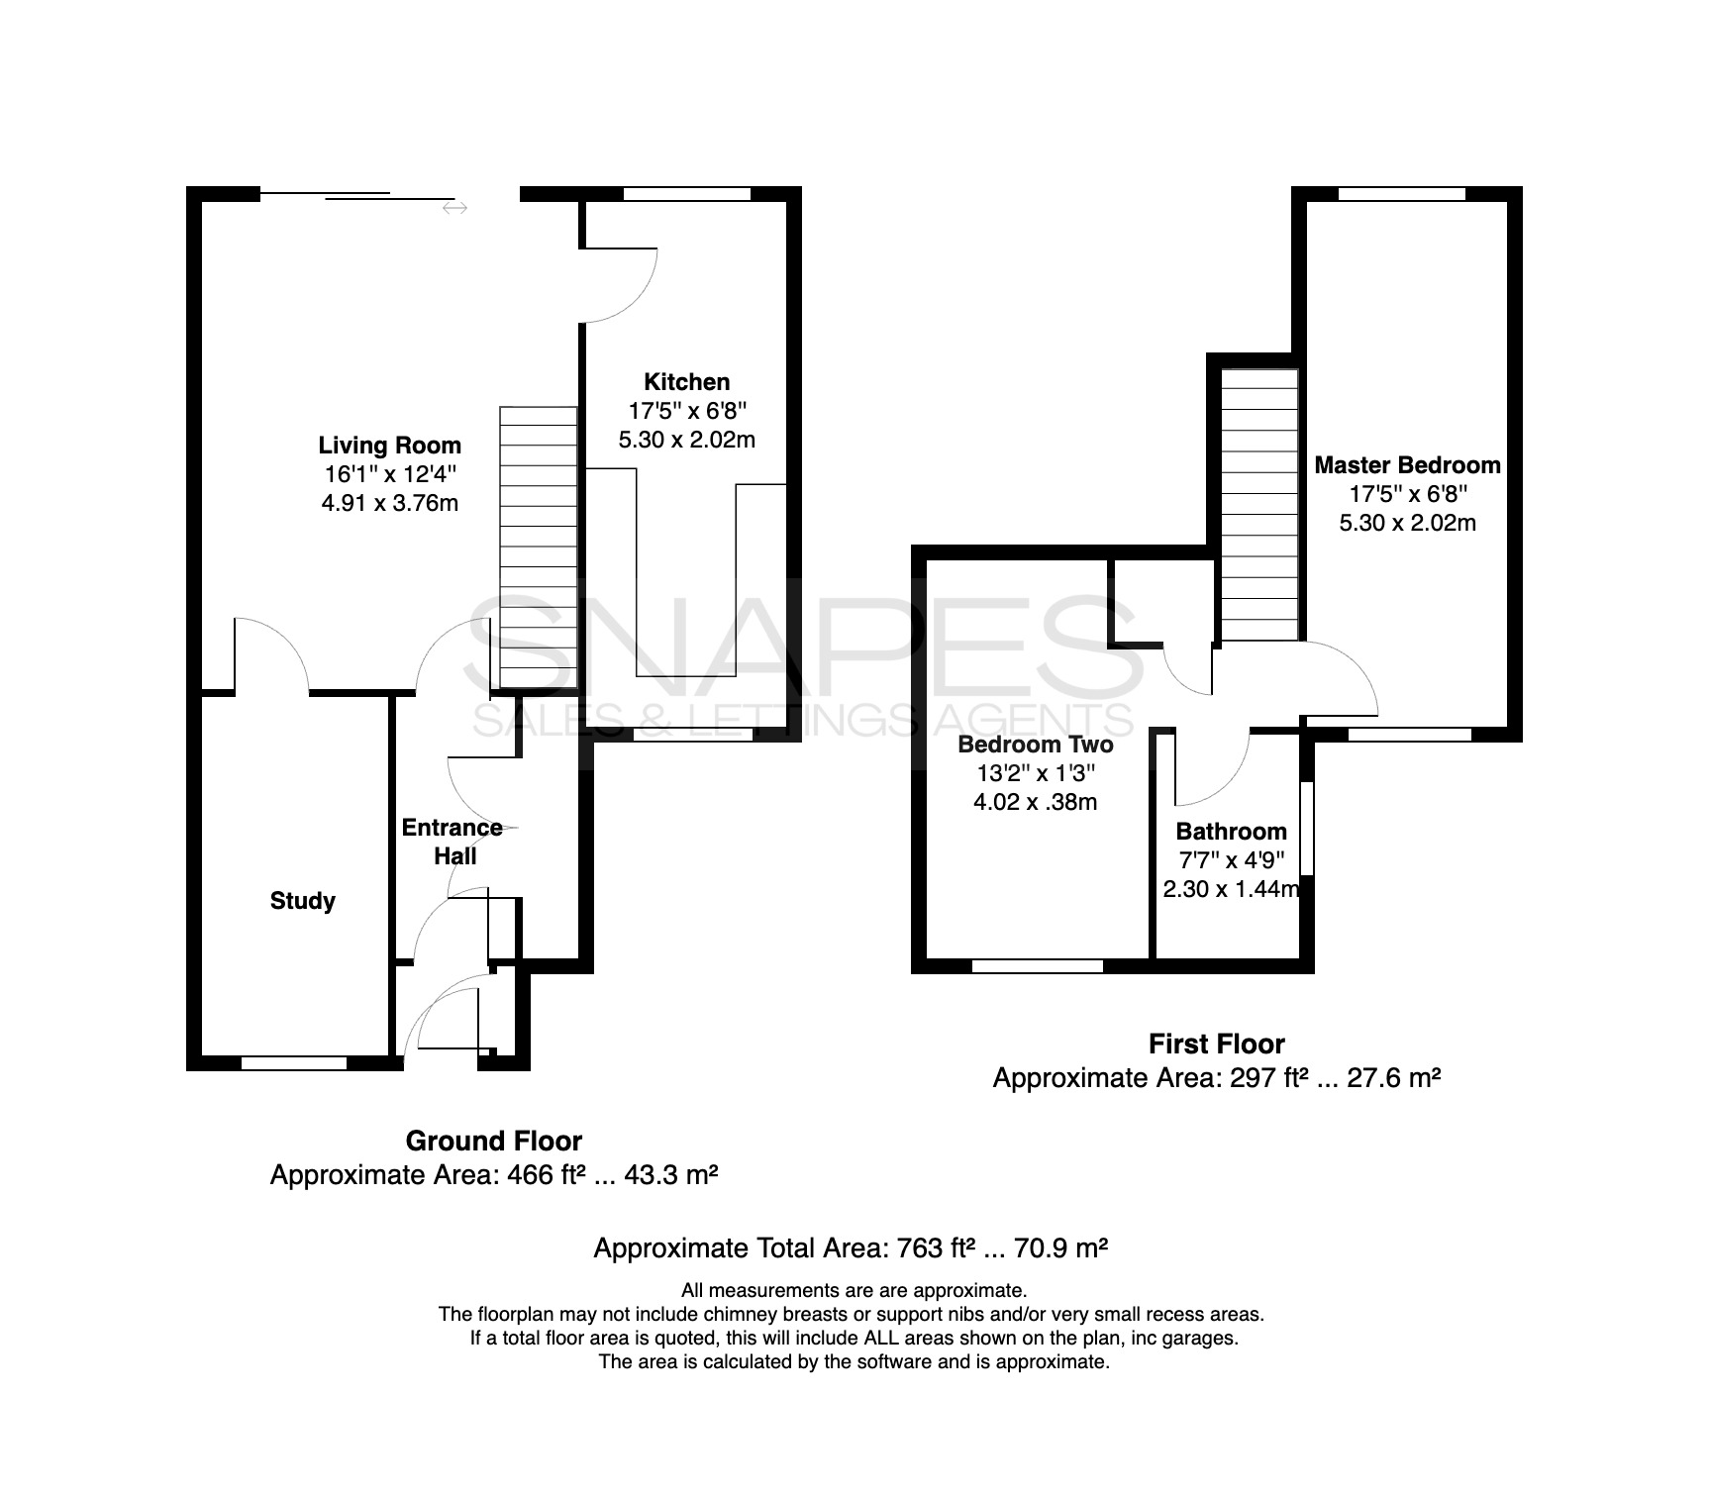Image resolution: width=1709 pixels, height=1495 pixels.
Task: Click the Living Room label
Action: point(389,446)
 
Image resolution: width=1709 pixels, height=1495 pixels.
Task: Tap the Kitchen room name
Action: point(687,382)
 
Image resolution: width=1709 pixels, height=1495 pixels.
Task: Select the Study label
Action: point(303,901)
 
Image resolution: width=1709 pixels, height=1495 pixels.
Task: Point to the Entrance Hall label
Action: point(452,842)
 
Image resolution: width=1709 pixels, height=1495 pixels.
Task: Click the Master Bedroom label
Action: point(1407,465)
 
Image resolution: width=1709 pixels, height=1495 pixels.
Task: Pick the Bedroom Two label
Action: point(1036,745)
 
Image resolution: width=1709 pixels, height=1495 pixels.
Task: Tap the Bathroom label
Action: point(1232,832)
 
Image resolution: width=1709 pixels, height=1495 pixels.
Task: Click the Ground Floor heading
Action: point(494,1142)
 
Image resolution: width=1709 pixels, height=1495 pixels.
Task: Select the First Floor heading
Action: point(1217,1045)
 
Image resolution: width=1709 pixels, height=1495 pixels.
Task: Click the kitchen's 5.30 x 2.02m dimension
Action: point(687,440)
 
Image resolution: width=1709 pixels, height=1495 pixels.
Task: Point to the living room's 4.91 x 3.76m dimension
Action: point(389,503)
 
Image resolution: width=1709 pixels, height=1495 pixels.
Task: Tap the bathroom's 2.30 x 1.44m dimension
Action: point(1232,889)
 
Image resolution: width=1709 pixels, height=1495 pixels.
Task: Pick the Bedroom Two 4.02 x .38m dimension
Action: point(1036,802)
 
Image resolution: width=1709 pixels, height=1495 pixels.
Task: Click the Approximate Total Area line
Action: point(851,1248)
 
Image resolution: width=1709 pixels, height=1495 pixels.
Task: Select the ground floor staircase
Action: point(538,548)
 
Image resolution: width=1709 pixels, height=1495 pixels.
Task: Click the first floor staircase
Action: point(1258,505)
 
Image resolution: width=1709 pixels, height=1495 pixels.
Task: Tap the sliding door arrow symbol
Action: point(455,208)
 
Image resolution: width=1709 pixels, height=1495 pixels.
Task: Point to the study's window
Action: point(294,1063)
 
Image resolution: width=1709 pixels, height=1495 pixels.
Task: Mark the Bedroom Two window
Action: point(1038,966)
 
